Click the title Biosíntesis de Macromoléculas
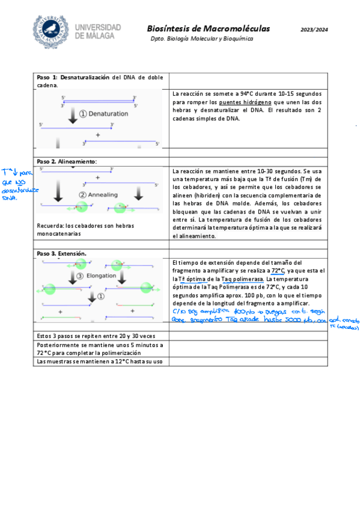[208, 28]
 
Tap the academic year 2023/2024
[314, 29]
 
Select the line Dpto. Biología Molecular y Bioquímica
[202, 38]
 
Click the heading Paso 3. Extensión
[61, 253]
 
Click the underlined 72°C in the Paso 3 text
[278, 271]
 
